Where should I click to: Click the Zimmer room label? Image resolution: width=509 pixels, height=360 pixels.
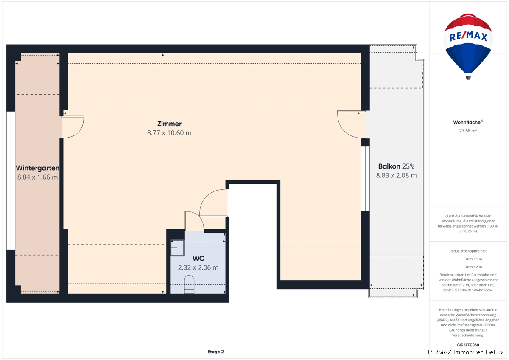pyautogui.click(x=169, y=124)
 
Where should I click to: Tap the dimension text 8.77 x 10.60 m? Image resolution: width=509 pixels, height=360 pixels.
pyautogui.click(x=169, y=133)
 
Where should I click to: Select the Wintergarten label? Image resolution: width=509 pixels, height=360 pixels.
pyautogui.click(x=37, y=168)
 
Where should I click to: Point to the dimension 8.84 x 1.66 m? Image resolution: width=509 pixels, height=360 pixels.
pyautogui.click(x=37, y=177)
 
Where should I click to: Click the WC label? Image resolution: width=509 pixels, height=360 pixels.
pyautogui.click(x=198, y=259)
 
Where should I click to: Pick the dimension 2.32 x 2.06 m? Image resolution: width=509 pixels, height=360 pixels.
pyautogui.click(x=198, y=267)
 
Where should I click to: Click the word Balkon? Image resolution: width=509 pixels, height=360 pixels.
pyautogui.click(x=389, y=166)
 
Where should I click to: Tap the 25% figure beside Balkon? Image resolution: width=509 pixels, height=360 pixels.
pyautogui.click(x=408, y=166)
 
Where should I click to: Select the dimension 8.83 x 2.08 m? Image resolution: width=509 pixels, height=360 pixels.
pyautogui.click(x=396, y=175)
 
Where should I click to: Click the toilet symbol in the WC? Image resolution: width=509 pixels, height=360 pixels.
pyautogui.click(x=189, y=284)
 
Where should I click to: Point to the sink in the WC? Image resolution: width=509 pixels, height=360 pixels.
pyautogui.click(x=177, y=248)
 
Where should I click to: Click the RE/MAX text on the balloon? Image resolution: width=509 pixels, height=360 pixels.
pyautogui.click(x=468, y=37)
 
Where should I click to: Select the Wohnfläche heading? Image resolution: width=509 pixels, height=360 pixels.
pyautogui.click(x=468, y=122)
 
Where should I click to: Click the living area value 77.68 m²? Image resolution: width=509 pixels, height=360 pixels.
pyautogui.click(x=468, y=130)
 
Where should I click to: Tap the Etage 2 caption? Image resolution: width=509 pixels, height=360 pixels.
pyautogui.click(x=215, y=352)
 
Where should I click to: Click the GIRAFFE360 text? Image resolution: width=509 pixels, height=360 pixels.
pyautogui.click(x=468, y=345)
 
